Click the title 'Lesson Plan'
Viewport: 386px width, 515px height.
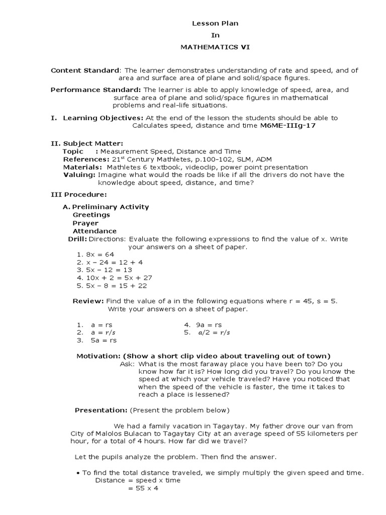point(209,23)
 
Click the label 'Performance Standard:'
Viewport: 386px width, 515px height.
point(97,90)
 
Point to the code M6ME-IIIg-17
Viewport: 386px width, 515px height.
point(288,125)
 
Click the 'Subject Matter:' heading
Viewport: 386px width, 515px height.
point(93,143)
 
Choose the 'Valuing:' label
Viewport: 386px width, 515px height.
point(79,175)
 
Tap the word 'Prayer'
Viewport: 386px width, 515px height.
point(85,223)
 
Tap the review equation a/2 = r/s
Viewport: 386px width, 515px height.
point(214,332)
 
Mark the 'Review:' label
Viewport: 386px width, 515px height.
point(88,301)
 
